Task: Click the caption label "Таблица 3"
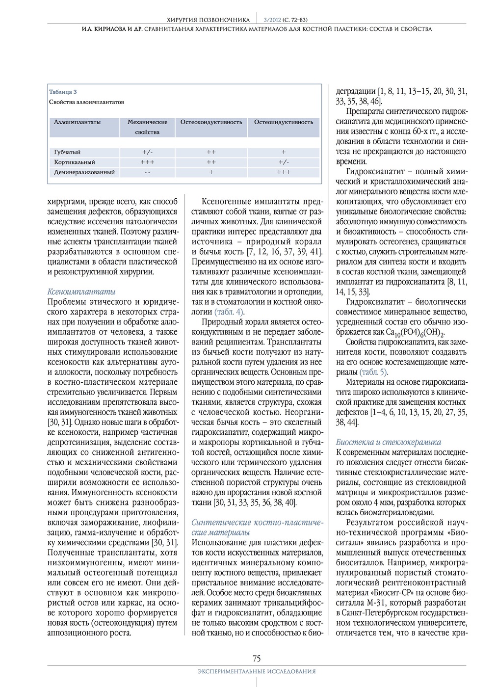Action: pos(63,92)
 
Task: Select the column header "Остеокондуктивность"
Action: pos(211,122)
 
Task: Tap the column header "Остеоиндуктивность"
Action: pos(283,122)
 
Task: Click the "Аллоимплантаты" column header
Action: pos(77,122)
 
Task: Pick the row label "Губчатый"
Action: pos(67,152)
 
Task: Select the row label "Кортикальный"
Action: pos(74,162)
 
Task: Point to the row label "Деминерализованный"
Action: pos(84,172)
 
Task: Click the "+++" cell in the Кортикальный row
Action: pos(147,162)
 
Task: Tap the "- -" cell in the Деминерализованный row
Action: pos(147,172)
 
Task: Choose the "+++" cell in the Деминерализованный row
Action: pos(283,172)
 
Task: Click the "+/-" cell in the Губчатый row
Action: pos(147,152)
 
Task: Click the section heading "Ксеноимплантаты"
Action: pos(81,292)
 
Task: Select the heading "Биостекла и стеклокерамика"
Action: pos(389,442)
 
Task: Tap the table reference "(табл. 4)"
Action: pos(229,312)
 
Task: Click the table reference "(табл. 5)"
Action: pos(373,372)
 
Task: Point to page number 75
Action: pos(257,659)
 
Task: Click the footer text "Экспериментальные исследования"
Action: pos(257,671)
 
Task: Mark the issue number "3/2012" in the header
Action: pos(271,20)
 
